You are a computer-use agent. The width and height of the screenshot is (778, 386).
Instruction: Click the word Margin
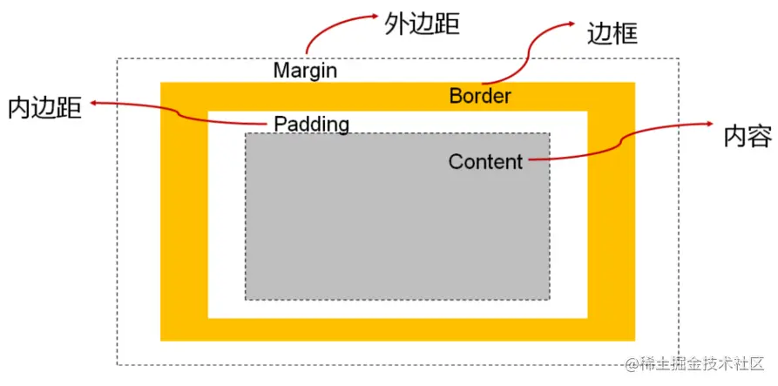305,71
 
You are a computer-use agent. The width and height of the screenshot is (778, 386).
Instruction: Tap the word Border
480,96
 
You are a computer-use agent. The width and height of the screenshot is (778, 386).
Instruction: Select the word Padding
311,124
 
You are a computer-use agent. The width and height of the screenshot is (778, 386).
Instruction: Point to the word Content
485,161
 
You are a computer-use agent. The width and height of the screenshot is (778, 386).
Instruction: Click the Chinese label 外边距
422,24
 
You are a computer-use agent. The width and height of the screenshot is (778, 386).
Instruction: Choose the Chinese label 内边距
44,107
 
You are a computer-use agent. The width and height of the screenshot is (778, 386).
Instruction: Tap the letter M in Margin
281,71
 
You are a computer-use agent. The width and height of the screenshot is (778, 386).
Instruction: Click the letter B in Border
456,96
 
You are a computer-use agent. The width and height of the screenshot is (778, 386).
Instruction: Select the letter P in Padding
281,124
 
